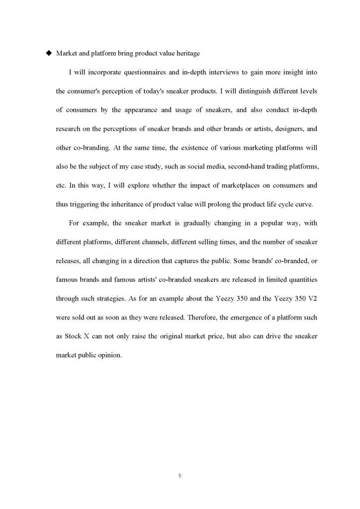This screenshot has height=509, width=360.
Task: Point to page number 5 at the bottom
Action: click(180, 476)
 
